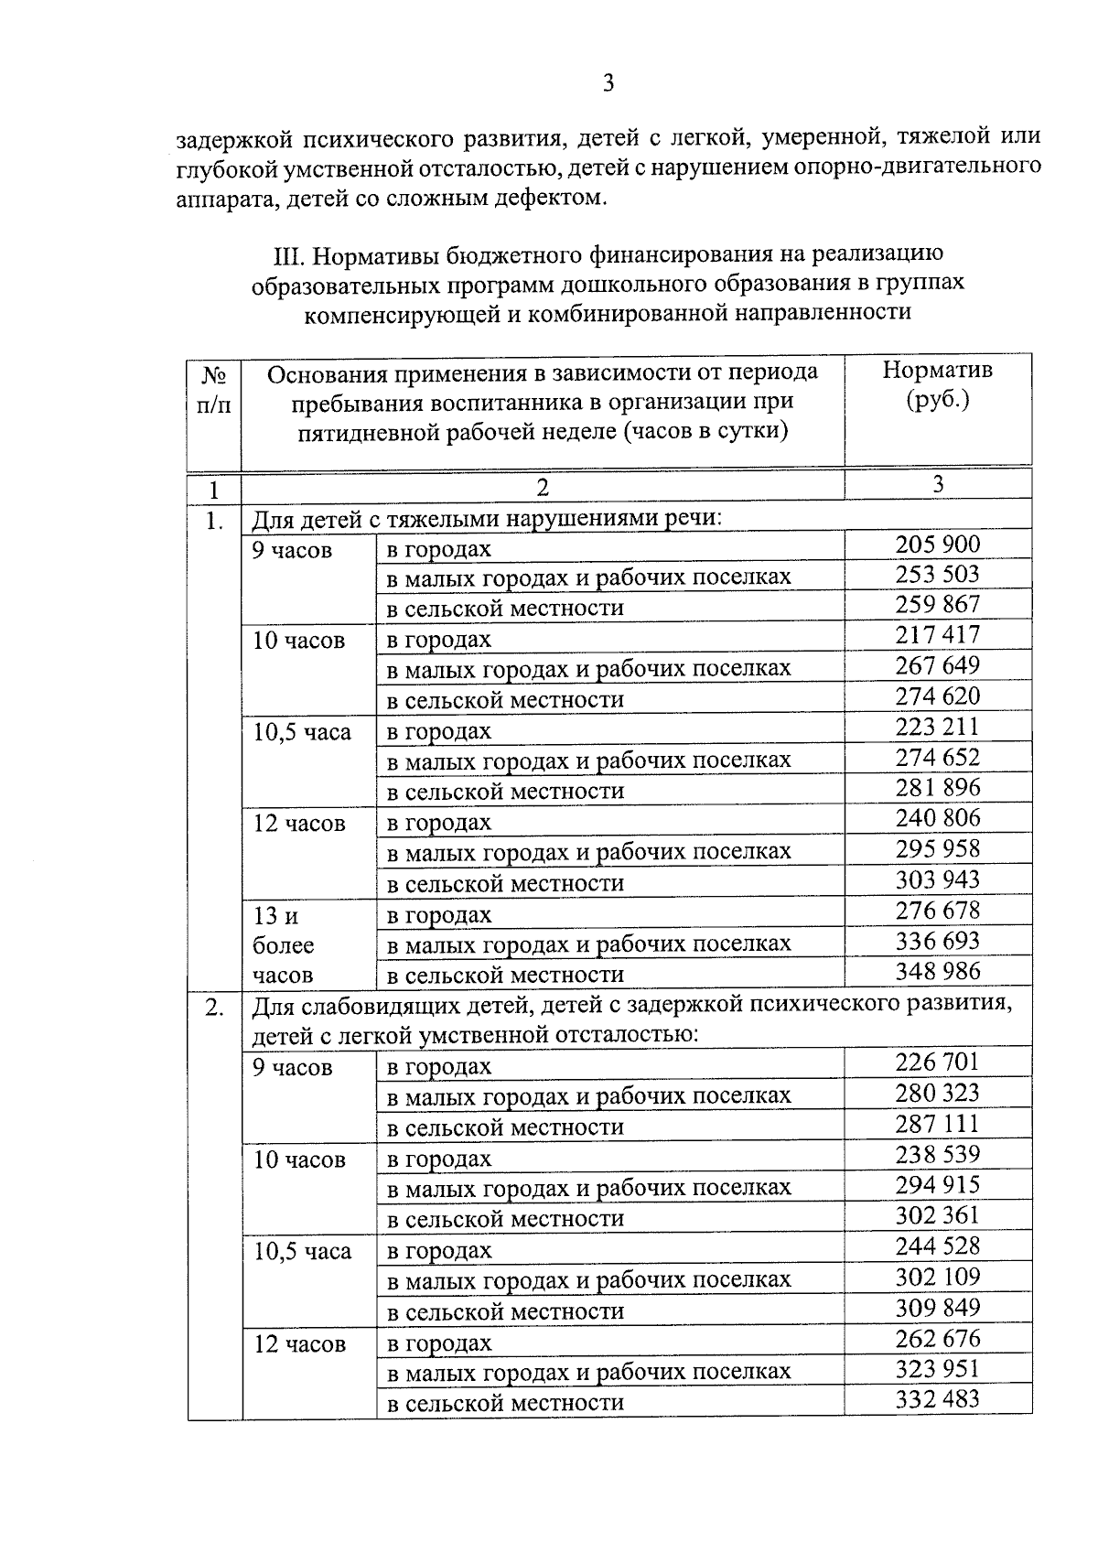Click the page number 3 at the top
(608, 84)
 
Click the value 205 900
(937, 545)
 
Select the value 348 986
(937, 971)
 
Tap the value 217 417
(937, 634)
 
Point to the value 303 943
(937, 879)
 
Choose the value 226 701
(937, 1062)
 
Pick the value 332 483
(937, 1399)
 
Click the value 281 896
(937, 787)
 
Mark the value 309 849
(937, 1307)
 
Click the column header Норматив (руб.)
(937, 384)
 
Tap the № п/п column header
(214, 389)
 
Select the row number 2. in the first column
(214, 1008)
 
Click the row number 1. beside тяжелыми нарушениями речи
(214, 521)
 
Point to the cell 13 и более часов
(284, 944)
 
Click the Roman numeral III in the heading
(289, 253)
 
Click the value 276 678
(937, 911)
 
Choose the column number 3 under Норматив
(937, 485)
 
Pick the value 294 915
(937, 1184)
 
